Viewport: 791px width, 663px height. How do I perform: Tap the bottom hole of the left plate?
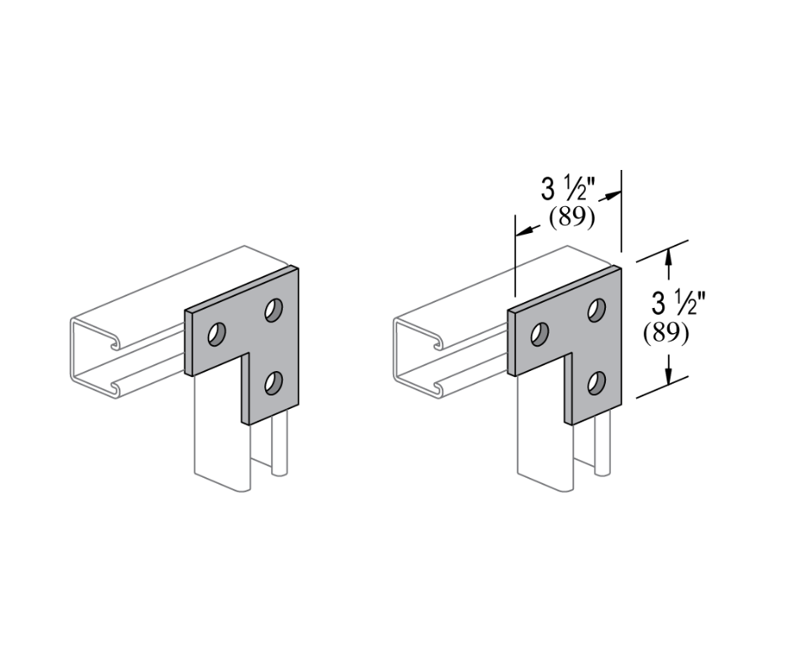click(x=272, y=384)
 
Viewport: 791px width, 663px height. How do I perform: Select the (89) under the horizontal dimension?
click(x=571, y=217)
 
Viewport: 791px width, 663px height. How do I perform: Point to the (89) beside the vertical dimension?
click(x=666, y=333)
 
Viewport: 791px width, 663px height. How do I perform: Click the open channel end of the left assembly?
click(x=91, y=358)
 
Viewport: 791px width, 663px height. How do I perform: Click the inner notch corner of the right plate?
click(x=566, y=355)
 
